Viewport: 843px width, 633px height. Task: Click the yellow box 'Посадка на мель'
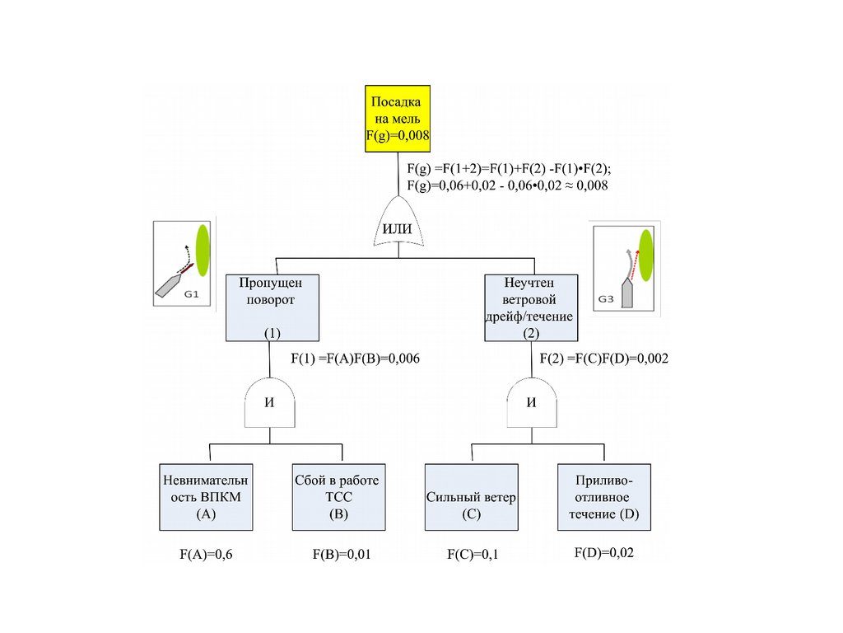[x=398, y=118]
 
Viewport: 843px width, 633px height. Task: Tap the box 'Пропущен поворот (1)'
[x=272, y=307]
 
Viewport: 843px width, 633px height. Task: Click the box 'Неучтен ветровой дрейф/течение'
[x=531, y=307]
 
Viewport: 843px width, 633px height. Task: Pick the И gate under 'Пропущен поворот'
[x=269, y=401]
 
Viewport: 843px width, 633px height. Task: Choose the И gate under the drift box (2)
[x=531, y=401]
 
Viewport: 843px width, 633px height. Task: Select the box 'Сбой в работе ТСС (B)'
[x=338, y=497]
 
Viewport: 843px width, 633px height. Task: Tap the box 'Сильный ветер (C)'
[x=472, y=497]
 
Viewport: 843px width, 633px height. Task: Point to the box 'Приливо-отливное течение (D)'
[x=604, y=497]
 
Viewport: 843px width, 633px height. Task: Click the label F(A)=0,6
[x=206, y=555]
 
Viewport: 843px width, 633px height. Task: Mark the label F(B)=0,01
[x=342, y=555]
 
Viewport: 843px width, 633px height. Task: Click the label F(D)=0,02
[x=604, y=553]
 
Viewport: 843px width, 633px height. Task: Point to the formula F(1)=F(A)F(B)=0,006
[x=350, y=359]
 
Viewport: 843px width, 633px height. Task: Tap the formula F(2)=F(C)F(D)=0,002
[x=603, y=359]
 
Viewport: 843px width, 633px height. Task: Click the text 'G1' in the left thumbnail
[x=192, y=293]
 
